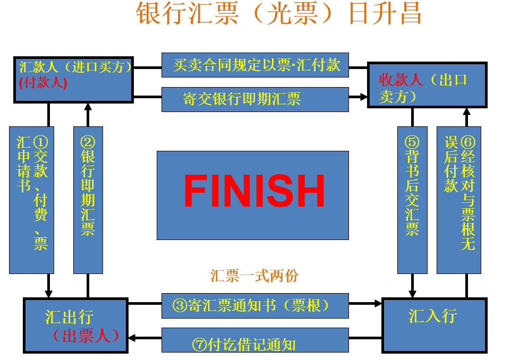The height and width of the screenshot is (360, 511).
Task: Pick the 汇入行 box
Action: coord(434,324)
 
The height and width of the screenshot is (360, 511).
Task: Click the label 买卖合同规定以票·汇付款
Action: coord(255,65)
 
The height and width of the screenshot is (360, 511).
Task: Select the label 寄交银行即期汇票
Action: coord(255,99)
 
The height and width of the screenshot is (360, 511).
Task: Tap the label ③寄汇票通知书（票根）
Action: coord(255,305)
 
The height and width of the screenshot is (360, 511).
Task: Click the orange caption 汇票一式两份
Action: coord(254,276)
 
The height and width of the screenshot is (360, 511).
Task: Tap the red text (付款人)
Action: coord(43,83)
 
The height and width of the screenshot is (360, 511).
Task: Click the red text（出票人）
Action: coord(85,336)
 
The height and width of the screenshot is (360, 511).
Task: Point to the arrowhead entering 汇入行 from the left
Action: coord(378,304)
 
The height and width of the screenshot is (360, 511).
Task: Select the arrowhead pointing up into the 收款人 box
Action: coord(466,112)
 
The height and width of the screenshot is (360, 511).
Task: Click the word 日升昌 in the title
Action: coord(385,14)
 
